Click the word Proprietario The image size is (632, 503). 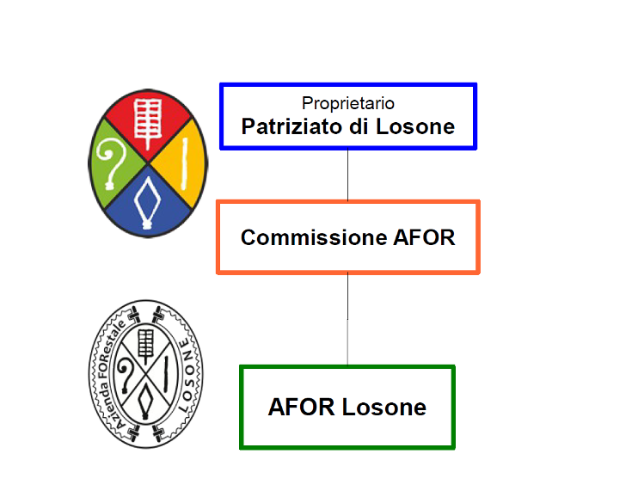click(348, 104)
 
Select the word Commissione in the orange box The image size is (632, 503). click(314, 237)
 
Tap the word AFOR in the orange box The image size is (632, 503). click(424, 237)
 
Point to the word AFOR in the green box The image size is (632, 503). click(302, 407)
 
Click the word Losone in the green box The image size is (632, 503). click(384, 407)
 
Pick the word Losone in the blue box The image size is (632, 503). click(415, 126)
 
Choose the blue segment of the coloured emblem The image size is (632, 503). click(148, 205)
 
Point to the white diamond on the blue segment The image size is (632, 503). click(148, 202)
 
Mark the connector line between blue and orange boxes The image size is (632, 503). click(348, 175)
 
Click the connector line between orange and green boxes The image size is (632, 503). click(348, 319)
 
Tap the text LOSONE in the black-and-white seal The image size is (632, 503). click(188, 375)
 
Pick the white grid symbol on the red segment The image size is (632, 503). click(148, 122)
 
